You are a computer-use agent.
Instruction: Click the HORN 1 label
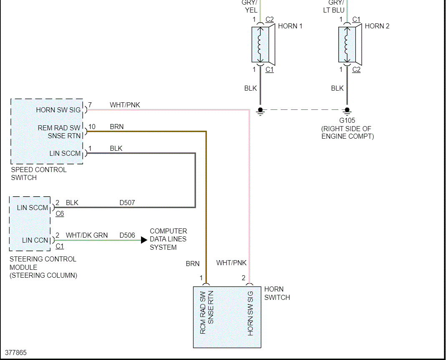(290, 26)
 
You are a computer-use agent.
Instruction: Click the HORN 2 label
(377, 26)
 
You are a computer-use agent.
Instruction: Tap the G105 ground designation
(347, 120)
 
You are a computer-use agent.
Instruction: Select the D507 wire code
(127, 203)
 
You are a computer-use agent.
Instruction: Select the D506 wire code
(127, 235)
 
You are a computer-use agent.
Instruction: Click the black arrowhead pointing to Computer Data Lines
(144, 240)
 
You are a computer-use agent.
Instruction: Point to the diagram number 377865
(16, 352)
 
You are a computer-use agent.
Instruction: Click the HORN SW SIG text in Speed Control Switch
(58, 110)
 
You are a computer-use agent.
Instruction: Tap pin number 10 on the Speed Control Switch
(92, 127)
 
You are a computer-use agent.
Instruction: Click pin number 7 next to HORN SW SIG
(90, 105)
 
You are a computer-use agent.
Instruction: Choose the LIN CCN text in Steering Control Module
(35, 241)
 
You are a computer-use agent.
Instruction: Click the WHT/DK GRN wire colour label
(87, 235)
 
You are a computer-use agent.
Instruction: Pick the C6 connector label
(60, 213)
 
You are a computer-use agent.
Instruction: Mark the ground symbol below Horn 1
(260, 112)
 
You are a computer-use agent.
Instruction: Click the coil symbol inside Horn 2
(347, 44)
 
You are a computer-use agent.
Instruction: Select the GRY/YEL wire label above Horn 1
(250, 7)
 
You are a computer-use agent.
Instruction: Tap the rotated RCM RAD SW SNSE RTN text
(207, 312)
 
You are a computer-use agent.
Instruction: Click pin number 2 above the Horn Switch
(244, 278)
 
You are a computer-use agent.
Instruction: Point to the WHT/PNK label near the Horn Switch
(231, 263)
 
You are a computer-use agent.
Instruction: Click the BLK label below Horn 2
(338, 89)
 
